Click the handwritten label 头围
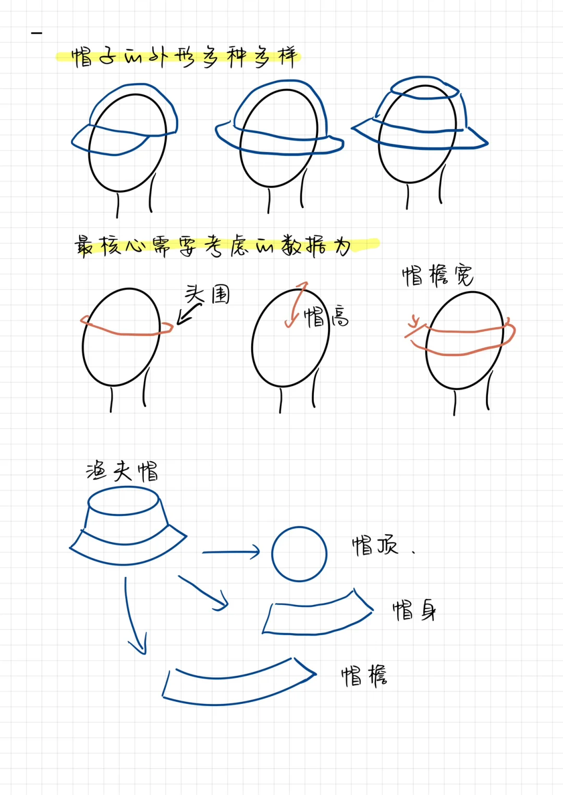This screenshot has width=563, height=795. pyautogui.click(x=207, y=295)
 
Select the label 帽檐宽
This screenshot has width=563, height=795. pyautogui.click(x=437, y=275)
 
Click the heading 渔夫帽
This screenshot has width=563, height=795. pyautogui.click(x=122, y=472)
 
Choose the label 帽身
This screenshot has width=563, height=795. pyautogui.click(x=414, y=610)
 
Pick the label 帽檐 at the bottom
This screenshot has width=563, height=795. pyautogui.click(x=364, y=676)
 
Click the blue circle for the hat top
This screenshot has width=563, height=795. pyautogui.click(x=299, y=554)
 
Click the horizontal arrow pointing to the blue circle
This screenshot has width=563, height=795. pyautogui.click(x=231, y=552)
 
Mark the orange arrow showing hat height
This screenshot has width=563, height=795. pyautogui.click(x=295, y=305)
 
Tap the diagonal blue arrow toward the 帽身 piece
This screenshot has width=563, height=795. pyautogui.click(x=204, y=593)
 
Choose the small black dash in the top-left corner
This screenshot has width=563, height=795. pyautogui.click(x=36, y=33)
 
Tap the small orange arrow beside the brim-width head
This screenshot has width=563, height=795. pyautogui.click(x=414, y=324)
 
